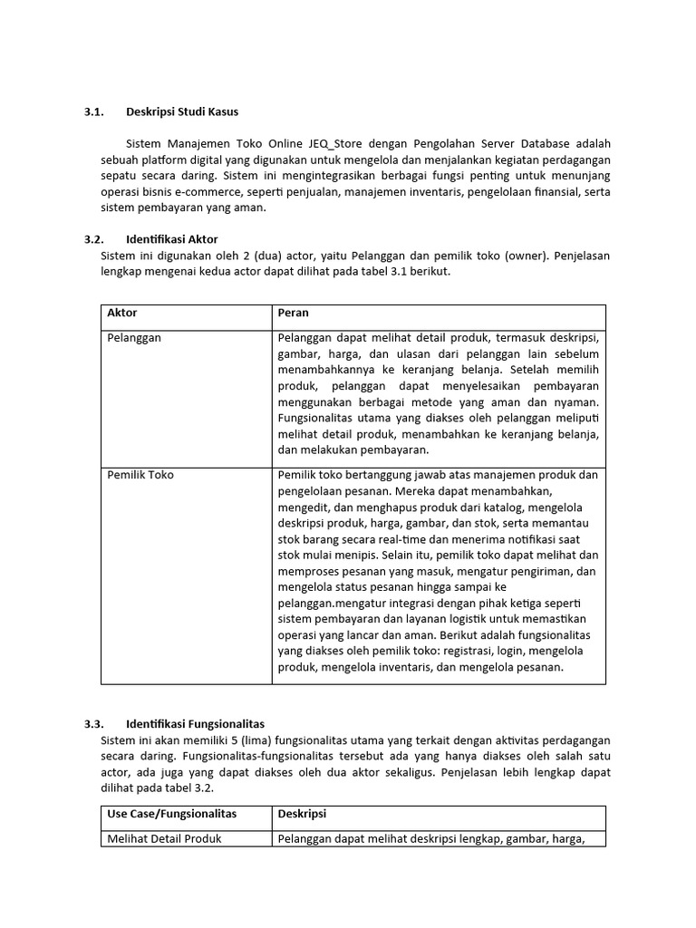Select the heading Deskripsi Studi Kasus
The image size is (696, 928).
(x=182, y=112)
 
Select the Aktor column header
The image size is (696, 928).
(x=122, y=313)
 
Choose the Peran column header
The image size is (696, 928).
(x=294, y=313)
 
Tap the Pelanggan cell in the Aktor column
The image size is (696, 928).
(x=134, y=338)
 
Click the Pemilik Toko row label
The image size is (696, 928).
(x=140, y=475)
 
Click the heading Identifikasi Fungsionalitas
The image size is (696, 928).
(x=195, y=724)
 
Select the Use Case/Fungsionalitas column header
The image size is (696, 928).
(x=171, y=814)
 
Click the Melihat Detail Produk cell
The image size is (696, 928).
(x=164, y=838)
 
